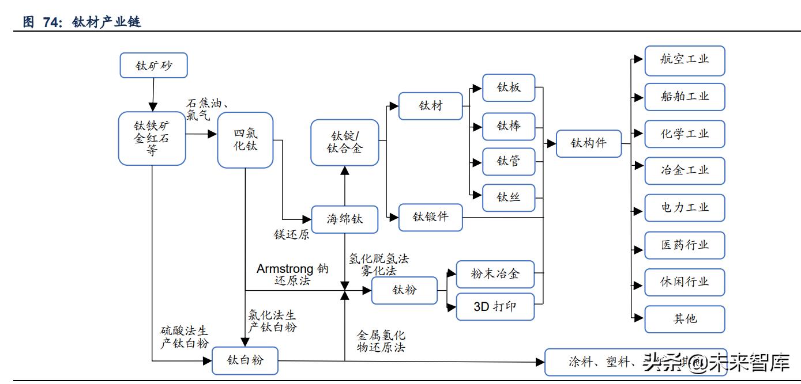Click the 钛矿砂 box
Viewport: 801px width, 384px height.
click(x=154, y=66)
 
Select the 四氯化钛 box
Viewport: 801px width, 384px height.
click(x=245, y=140)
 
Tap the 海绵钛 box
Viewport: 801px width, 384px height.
click(x=345, y=219)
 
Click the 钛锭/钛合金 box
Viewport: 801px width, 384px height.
click(x=345, y=142)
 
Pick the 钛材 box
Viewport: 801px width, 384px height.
click(x=430, y=106)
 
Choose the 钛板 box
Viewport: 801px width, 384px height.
click(x=509, y=88)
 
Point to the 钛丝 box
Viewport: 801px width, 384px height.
click(x=509, y=197)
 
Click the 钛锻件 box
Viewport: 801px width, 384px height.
click(x=430, y=217)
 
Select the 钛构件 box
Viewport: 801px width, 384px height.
click(x=589, y=143)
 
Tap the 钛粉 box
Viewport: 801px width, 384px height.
click(x=404, y=290)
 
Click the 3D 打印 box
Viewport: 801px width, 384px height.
click(x=495, y=306)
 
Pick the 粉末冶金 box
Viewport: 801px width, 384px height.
click(x=495, y=274)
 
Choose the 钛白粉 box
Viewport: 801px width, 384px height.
click(x=245, y=361)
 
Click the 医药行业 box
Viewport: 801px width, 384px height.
click(x=685, y=245)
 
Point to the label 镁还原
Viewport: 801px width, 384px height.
click(x=291, y=235)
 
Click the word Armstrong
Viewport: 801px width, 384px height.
click(x=285, y=269)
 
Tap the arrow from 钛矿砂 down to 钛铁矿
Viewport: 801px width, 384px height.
click(x=153, y=94)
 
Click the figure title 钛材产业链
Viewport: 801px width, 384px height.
click(x=107, y=22)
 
